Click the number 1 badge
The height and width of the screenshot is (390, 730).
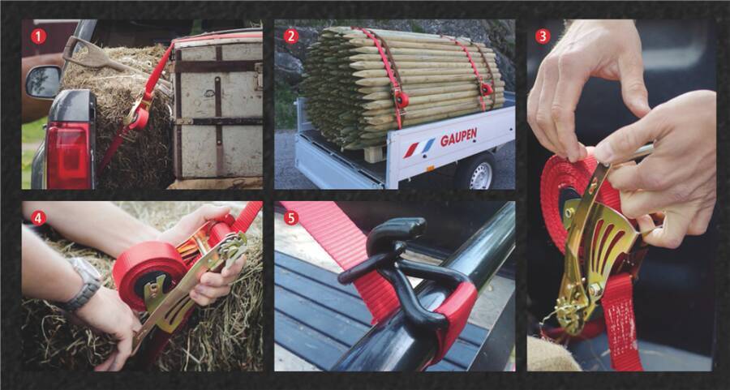[x=38, y=36]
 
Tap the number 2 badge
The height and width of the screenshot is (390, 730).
[x=291, y=36]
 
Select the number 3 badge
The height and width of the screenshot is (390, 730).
[x=543, y=36]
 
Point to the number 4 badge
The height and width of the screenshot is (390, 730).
[x=38, y=217]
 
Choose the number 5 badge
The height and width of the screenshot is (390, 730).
[x=291, y=217]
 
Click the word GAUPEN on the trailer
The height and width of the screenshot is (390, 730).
[x=458, y=137]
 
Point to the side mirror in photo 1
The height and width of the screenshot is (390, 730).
[x=43, y=81]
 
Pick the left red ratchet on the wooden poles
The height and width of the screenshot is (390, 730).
[x=400, y=98]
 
